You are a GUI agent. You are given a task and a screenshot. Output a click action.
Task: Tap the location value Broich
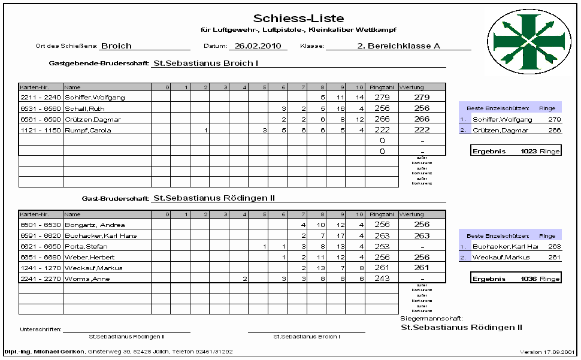pyautogui.click(x=116, y=46)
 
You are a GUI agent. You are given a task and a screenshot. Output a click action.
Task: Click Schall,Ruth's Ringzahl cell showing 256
pyautogui.click(x=381, y=108)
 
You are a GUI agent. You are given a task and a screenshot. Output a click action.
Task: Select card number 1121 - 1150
pyautogui.click(x=41, y=130)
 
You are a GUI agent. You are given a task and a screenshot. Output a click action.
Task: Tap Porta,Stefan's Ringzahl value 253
pyautogui.click(x=381, y=246)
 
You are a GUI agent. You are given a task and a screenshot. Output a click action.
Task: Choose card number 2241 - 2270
pyautogui.click(x=41, y=279)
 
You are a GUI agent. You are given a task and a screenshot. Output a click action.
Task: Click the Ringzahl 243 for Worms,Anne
pyautogui.click(x=381, y=279)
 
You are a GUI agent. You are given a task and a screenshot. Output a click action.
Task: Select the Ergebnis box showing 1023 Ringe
pyautogui.click(x=516, y=151)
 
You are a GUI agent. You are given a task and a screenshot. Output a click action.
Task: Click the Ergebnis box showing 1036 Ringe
pyautogui.click(x=516, y=279)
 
